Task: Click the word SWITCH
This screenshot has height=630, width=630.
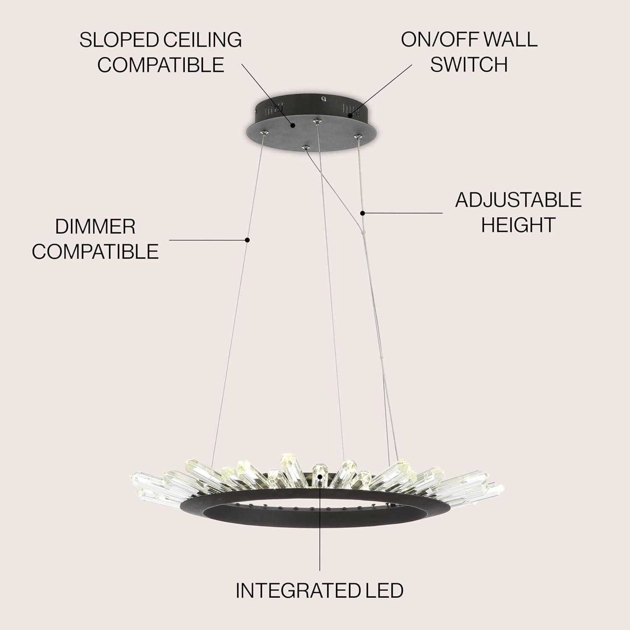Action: tap(469, 64)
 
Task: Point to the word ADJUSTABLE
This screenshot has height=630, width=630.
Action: tap(518, 200)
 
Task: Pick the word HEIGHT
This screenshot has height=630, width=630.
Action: tap(518, 225)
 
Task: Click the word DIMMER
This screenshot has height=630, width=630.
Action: tap(95, 227)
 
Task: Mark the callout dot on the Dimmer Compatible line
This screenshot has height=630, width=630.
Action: tap(247, 240)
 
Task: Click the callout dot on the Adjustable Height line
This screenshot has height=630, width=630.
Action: tap(363, 213)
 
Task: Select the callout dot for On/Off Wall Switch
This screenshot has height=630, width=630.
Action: tap(350, 113)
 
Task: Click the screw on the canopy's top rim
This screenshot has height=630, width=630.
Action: tap(324, 99)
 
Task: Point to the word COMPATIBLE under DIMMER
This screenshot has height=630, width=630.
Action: tap(95, 252)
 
